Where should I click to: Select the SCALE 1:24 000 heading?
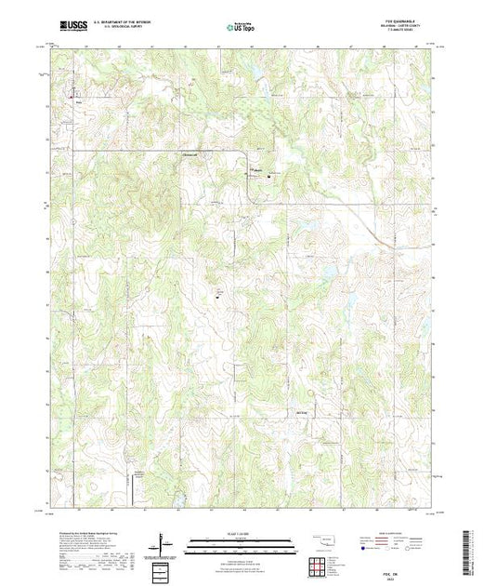[x=242, y=534]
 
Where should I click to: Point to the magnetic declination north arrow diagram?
[x=164, y=544]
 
